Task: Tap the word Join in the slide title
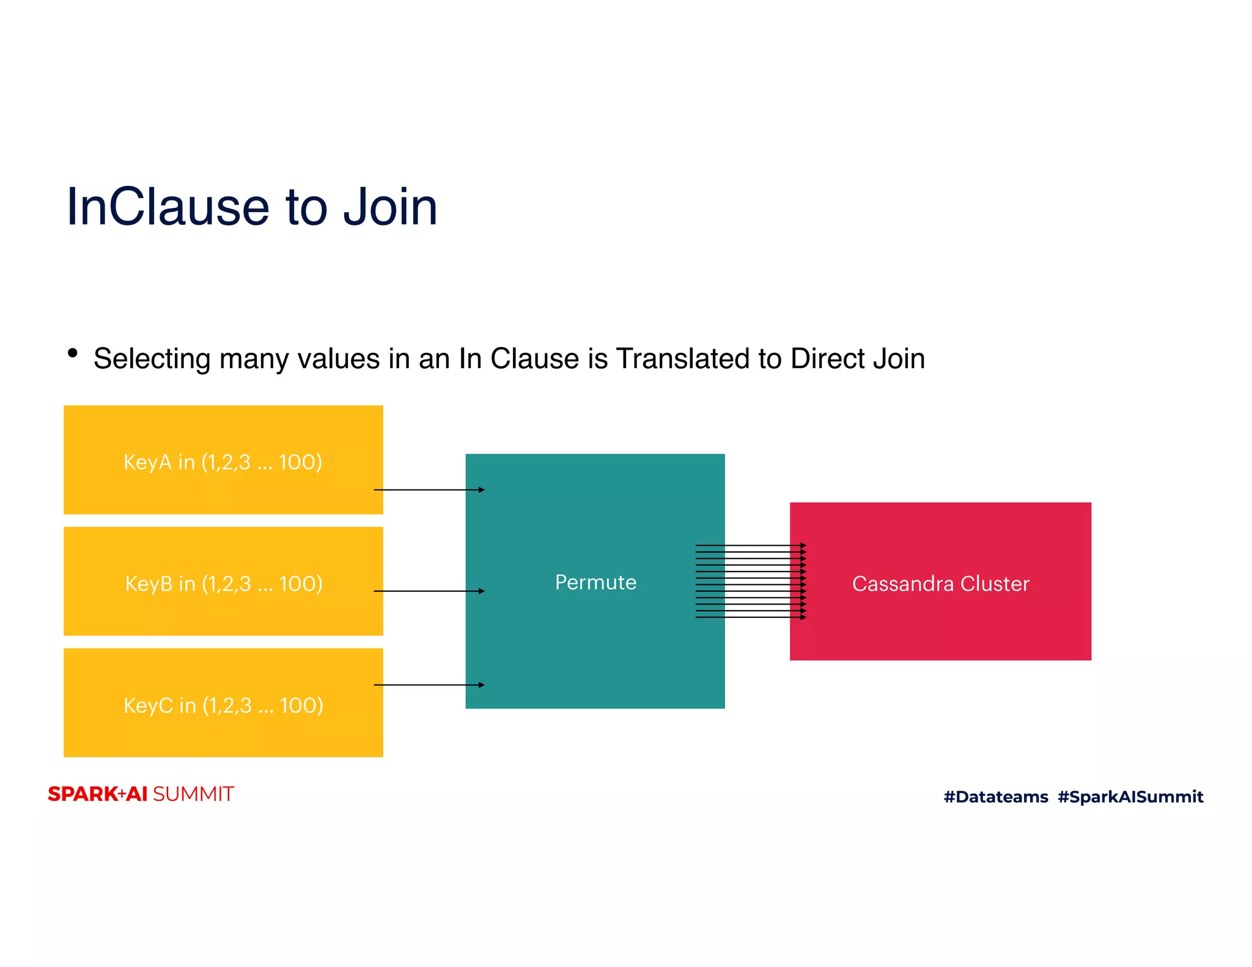(389, 207)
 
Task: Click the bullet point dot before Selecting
(73, 353)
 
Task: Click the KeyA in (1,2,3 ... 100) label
(223, 462)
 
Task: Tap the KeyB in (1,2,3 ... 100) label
(224, 584)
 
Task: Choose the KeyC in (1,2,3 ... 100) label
(223, 705)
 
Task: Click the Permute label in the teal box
(595, 583)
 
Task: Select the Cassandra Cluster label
(940, 584)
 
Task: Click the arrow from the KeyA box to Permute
(429, 490)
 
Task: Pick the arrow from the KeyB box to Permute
(429, 591)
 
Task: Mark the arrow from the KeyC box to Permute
(429, 685)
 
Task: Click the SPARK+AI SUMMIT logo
(141, 794)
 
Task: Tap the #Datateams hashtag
(995, 796)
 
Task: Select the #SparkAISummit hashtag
(1130, 796)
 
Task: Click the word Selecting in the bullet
(152, 359)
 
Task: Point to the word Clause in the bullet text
(534, 359)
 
